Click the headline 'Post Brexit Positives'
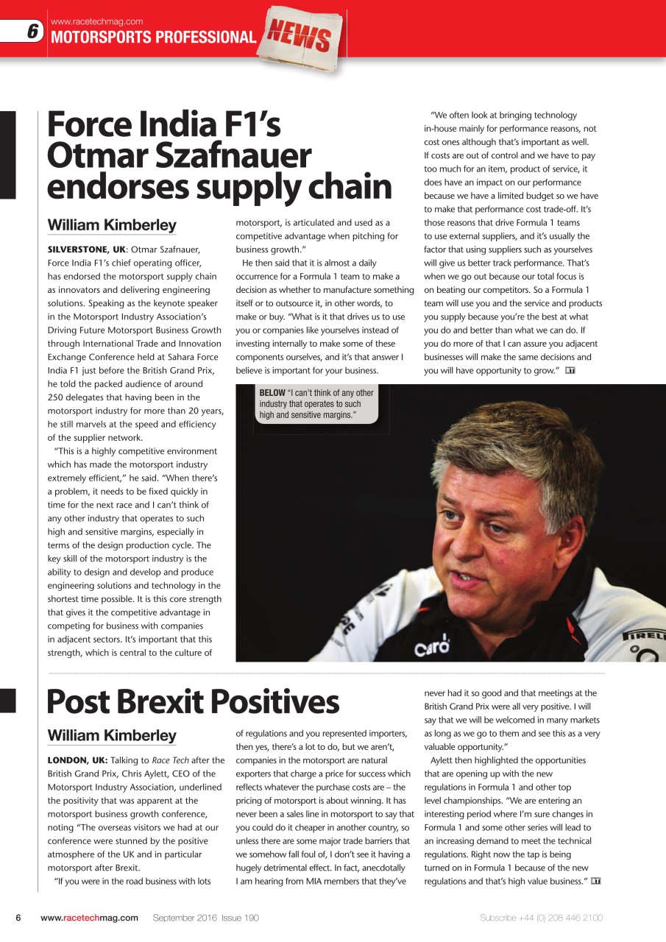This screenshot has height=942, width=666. click(193, 702)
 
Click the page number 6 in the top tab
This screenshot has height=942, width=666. click(32, 32)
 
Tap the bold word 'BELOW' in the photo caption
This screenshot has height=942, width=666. click(272, 393)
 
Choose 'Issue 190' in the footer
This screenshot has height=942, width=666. click(241, 918)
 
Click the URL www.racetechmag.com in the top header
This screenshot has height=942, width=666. click(96, 21)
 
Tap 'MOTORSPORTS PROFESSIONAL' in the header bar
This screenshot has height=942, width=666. click(153, 38)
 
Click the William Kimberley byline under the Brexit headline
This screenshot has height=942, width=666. click(112, 735)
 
